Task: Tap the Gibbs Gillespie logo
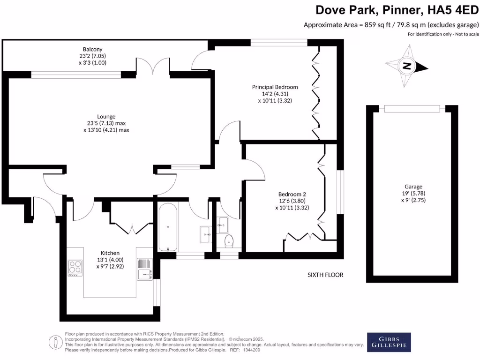(389, 342)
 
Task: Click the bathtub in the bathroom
(167, 227)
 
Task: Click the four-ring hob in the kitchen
(75, 269)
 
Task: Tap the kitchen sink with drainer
(144, 270)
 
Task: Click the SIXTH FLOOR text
(325, 275)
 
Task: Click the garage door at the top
(412, 109)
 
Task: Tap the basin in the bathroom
(205, 233)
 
